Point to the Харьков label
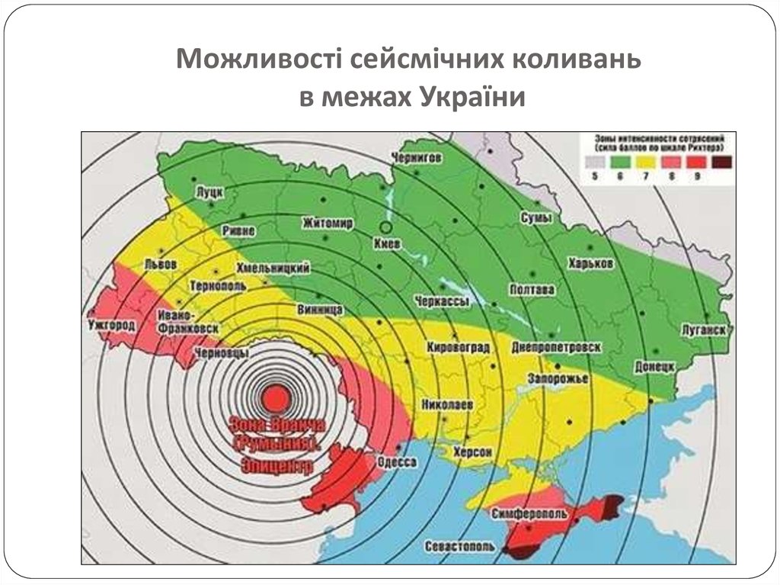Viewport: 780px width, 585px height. coord(590,262)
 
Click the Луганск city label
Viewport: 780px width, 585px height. coord(705,329)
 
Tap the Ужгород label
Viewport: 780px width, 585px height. coord(111,326)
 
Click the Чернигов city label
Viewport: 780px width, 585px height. coord(416,157)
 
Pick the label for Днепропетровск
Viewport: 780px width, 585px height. coord(557,346)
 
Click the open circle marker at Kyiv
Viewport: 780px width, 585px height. coord(386,227)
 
